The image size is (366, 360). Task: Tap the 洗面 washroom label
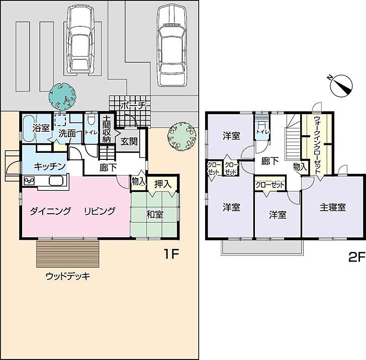coord(67,134)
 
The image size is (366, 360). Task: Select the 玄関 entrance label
coord(129,141)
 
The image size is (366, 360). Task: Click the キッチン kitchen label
coord(50,166)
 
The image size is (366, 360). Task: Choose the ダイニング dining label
coord(50,211)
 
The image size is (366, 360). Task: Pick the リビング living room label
coord(100,211)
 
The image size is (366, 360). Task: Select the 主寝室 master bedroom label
coord(333,207)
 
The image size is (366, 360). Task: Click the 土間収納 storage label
coord(107,129)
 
